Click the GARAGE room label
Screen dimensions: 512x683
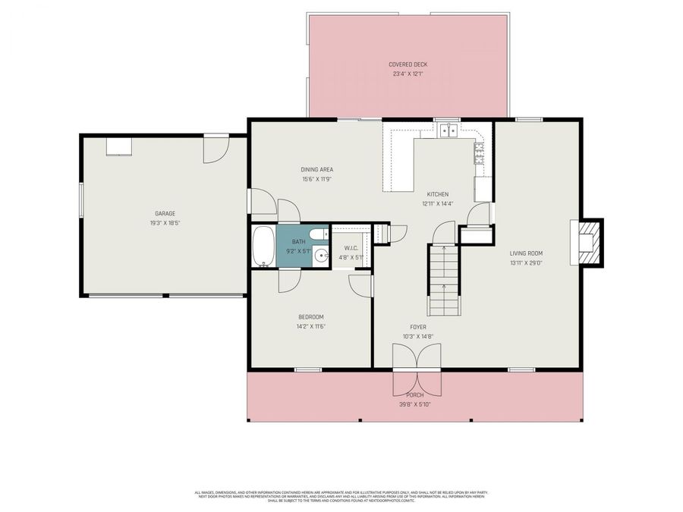[x=165, y=213]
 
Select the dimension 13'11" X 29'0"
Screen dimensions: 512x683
[x=526, y=262]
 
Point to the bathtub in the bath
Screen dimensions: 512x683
[x=263, y=247]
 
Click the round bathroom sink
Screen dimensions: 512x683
[x=321, y=256]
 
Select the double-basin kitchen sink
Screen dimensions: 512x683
[x=449, y=130]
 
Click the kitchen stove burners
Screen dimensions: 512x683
[x=480, y=154]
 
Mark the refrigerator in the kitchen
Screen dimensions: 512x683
[x=483, y=189]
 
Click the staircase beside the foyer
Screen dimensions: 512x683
[x=443, y=281]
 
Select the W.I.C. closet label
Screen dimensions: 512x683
[x=351, y=248]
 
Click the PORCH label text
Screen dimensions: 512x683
[x=415, y=395]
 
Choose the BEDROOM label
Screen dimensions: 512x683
[x=311, y=316]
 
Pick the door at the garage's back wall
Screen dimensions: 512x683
[x=215, y=149]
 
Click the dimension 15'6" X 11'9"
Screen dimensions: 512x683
[x=316, y=178]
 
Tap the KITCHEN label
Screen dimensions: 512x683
[x=437, y=194]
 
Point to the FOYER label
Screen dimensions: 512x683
[x=417, y=327]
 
